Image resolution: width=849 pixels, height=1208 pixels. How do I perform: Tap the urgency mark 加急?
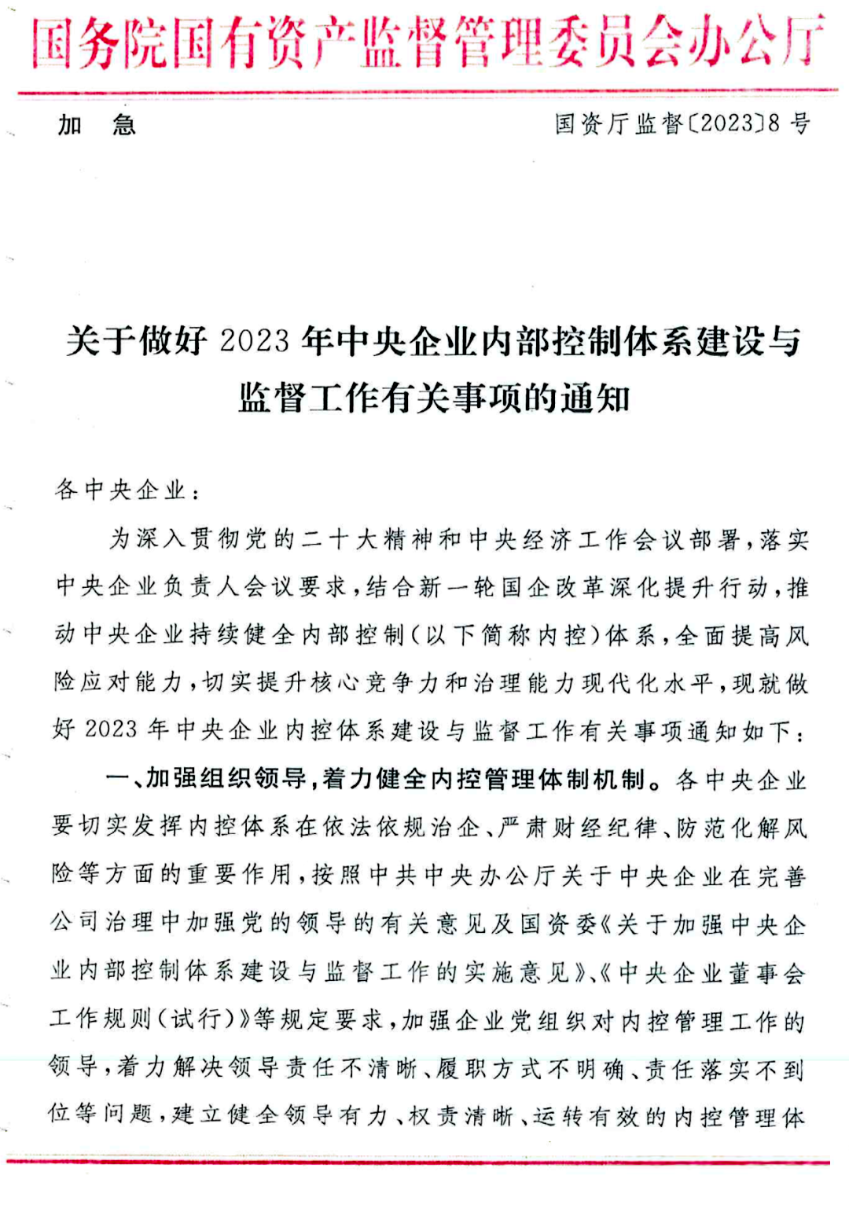click(97, 125)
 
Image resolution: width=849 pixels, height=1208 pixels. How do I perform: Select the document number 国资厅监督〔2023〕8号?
click(682, 124)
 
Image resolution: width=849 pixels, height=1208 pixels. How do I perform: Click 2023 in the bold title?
click(255, 341)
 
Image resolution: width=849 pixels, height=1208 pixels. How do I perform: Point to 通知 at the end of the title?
click(594, 398)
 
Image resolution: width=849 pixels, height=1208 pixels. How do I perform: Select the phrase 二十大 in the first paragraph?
click(340, 540)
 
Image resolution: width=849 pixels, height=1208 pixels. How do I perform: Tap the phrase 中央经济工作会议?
click(575, 540)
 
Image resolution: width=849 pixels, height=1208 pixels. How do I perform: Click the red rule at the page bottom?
click(417, 1162)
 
